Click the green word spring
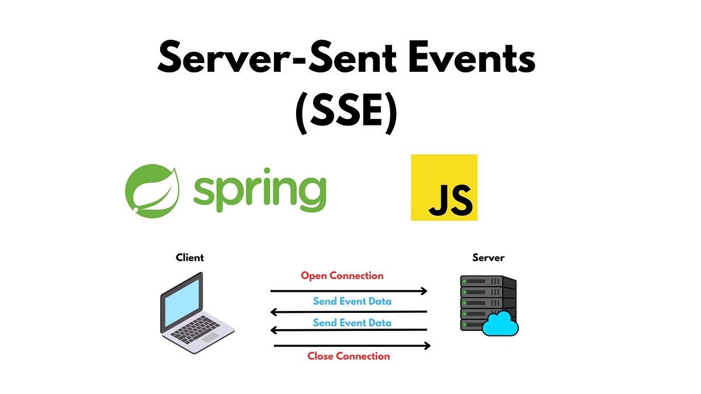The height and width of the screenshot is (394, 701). pyautogui.click(x=259, y=190)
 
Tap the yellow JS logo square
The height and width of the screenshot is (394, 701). pyautogui.click(x=444, y=187)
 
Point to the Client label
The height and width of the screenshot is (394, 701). pyautogui.click(x=190, y=257)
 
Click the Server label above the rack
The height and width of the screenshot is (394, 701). pyautogui.click(x=488, y=257)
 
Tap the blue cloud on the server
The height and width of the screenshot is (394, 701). pyautogui.click(x=501, y=325)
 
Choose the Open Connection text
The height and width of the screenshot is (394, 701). pyautogui.click(x=342, y=276)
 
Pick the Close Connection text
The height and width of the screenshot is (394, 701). pyautogui.click(x=348, y=356)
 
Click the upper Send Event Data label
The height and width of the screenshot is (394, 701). pyautogui.click(x=352, y=301)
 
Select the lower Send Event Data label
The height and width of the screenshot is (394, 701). pyautogui.click(x=352, y=322)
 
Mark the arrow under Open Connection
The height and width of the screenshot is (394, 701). pyautogui.click(x=349, y=290)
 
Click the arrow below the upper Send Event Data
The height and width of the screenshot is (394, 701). pyautogui.click(x=349, y=312)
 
